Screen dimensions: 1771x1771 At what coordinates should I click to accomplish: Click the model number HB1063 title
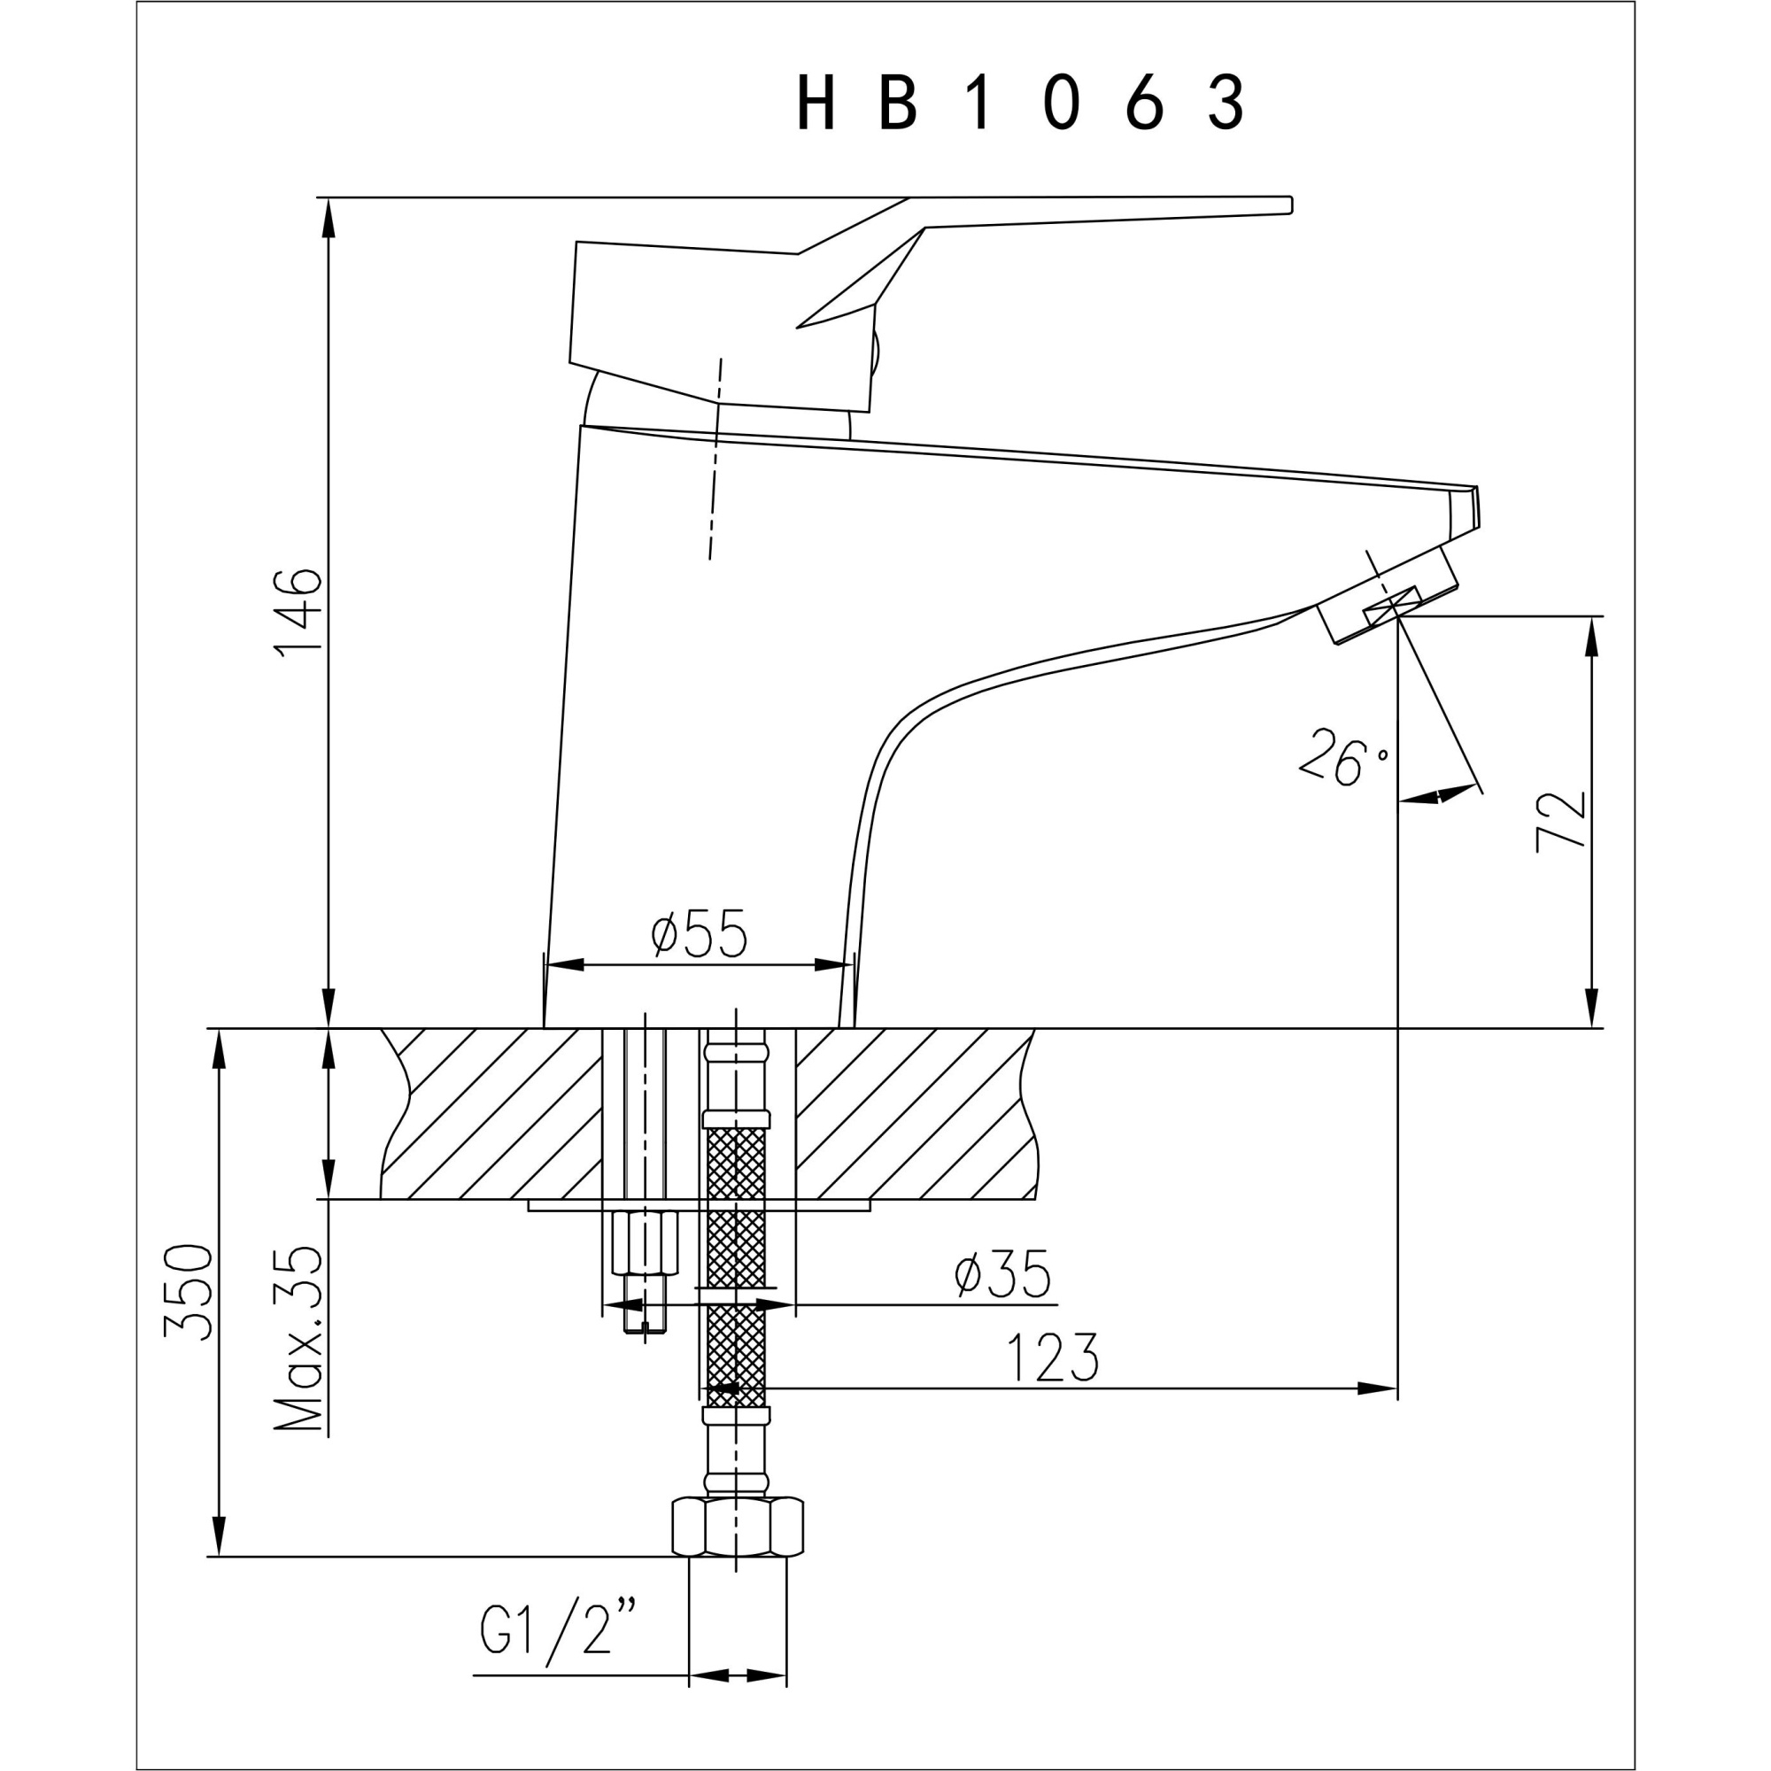1019,103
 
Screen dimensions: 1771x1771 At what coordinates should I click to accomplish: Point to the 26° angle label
1344,758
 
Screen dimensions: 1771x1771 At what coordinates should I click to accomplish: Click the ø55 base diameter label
700,934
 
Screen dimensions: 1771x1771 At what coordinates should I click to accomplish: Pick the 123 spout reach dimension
1051,1358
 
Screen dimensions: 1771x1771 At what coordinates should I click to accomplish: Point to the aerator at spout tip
1387,597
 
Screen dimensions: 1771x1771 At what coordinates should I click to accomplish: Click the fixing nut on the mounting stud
644,1242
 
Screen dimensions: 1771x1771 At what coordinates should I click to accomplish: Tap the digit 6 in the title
1144,103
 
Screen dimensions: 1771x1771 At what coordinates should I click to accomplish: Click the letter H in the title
815,103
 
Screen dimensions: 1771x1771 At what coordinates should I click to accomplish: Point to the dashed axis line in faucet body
715,459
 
